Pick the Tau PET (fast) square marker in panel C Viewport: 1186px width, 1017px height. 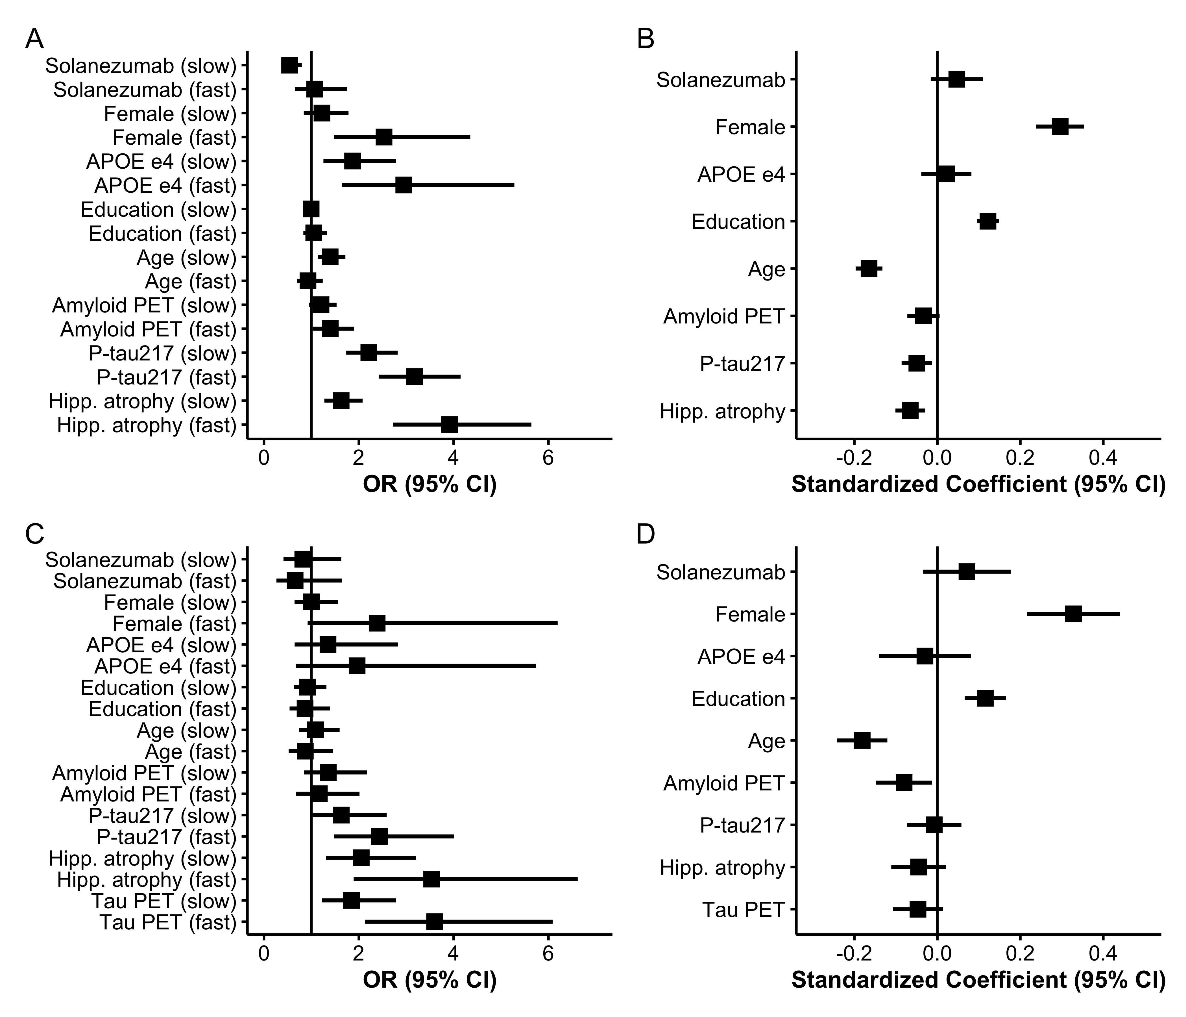(435, 922)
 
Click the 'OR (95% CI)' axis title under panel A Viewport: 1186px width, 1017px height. (429, 484)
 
